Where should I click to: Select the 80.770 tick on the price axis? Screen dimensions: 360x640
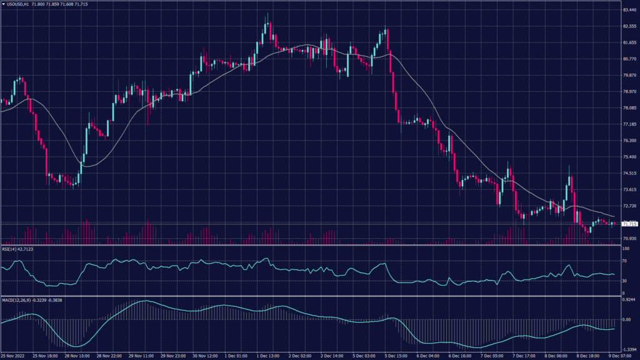629,59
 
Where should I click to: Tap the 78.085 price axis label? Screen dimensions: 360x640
629,108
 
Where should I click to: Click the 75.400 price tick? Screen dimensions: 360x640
629,157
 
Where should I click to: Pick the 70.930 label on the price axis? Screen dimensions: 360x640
629,239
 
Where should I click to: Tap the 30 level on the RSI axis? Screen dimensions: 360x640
624,281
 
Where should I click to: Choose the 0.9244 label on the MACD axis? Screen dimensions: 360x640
629,301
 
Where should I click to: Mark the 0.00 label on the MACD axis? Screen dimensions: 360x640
626,319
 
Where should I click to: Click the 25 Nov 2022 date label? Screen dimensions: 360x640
12,356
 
